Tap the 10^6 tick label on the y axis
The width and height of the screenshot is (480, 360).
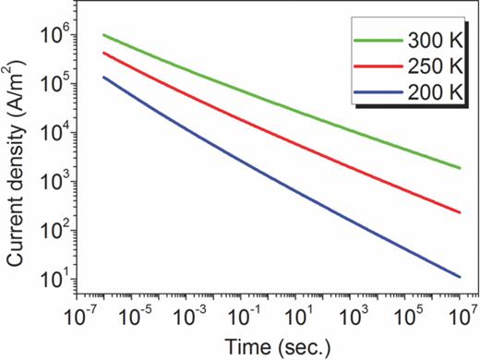[x=52, y=36]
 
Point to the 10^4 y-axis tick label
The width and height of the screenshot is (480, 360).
[x=52, y=134]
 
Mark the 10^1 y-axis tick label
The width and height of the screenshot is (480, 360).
[x=52, y=280]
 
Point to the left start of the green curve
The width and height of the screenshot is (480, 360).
[x=103, y=35]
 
